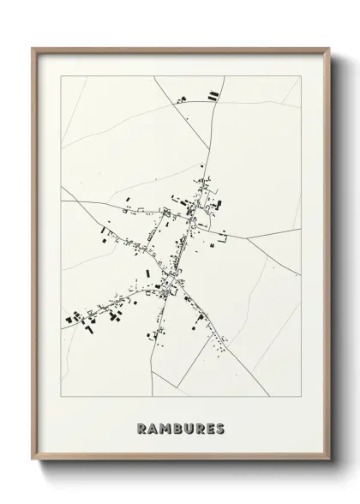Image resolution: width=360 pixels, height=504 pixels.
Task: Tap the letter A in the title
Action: click(x=152, y=429)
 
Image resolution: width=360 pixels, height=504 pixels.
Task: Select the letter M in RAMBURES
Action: click(x=165, y=429)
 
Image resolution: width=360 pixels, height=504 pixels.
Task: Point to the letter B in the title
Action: click(x=177, y=429)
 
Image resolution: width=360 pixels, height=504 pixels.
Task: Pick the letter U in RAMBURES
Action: click(x=189, y=429)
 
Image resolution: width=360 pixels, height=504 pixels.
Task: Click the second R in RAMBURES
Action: click(x=201, y=429)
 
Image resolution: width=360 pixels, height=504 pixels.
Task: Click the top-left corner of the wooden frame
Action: click(x=33, y=48)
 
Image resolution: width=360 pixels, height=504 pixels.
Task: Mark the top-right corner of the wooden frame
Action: click(x=328, y=48)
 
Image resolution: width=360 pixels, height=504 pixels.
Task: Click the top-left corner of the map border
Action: click(x=61, y=76)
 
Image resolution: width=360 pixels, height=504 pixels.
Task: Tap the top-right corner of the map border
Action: click(x=301, y=76)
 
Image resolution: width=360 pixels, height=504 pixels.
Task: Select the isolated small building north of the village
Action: click(x=202, y=165)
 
